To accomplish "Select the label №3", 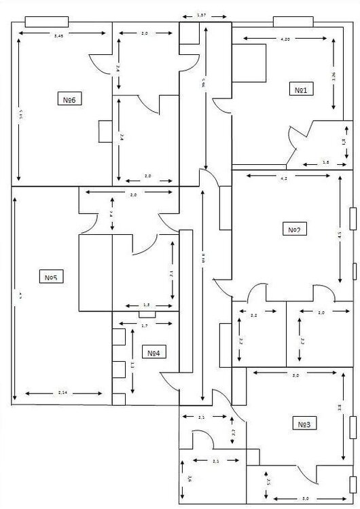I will (304, 424).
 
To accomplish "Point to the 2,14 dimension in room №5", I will (62, 393).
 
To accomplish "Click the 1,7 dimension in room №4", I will (144, 326).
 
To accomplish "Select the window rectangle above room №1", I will (292, 21).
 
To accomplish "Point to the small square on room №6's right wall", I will (105, 131).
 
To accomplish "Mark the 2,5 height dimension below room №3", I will (269, 482).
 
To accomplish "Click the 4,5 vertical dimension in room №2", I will (340, 235).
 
